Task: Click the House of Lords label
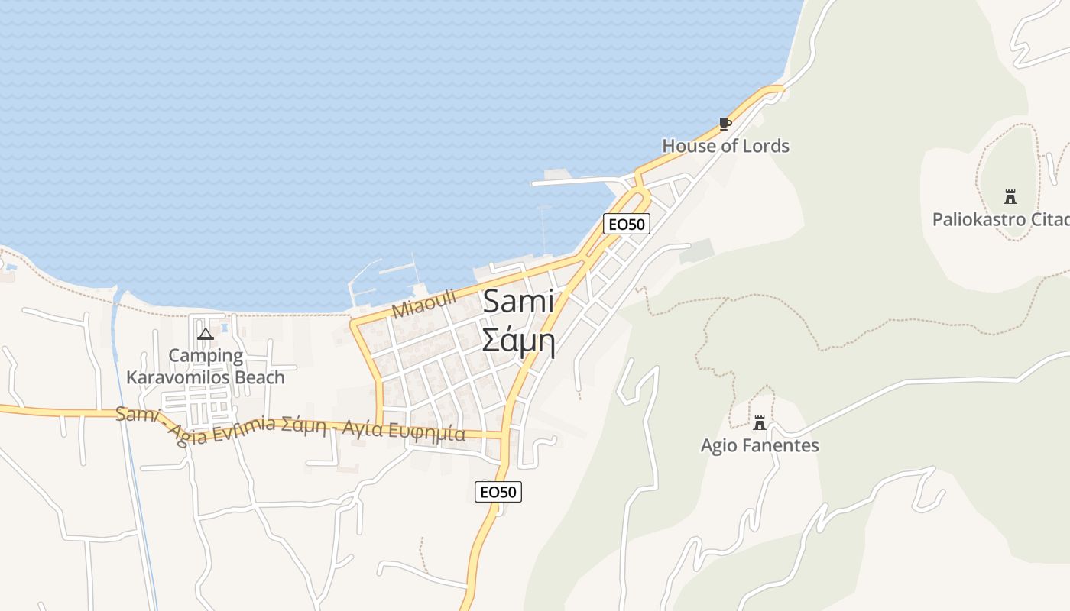(725, 146)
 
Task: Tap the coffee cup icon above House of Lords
(725, 124)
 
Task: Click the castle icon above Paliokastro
(1010, 197)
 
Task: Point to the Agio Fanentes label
(760, 445)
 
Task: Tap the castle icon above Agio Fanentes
(760, 423)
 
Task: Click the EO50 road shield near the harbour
(626, 224)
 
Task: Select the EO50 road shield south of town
(498, 492)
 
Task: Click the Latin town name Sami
(519, 302)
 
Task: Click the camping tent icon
(205, 334)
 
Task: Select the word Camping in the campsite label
(206, 355)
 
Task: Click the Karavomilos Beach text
(206, 377)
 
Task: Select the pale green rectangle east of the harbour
(696, 251)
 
